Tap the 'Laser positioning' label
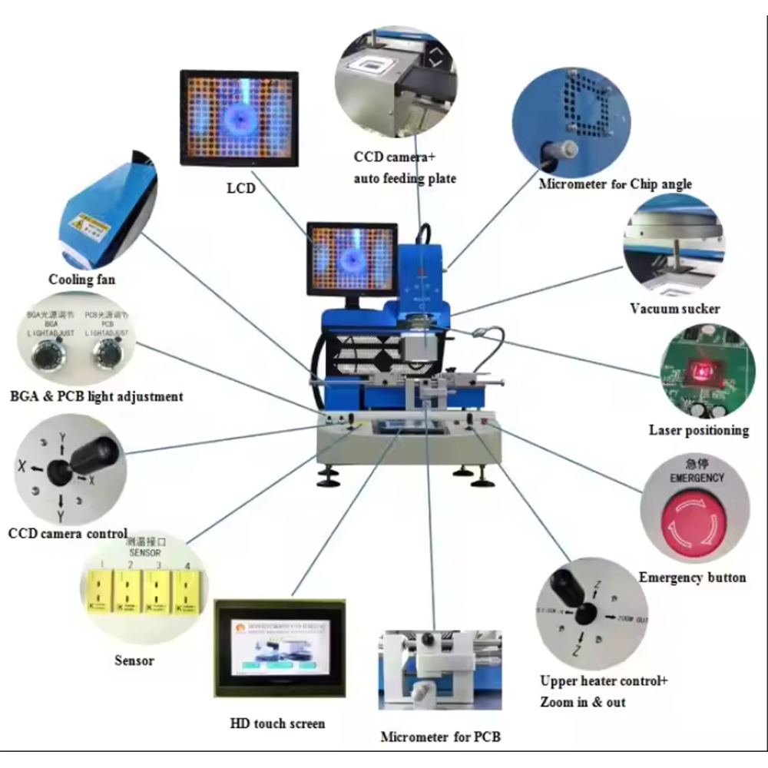click(x=698, y=430)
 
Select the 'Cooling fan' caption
click(x=82, y=280)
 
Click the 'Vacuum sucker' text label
click(x=674, y=309)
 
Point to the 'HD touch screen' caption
click(x=277, y=723)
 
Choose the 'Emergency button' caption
click(x=692, y=578)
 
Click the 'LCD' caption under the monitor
click(x=240, y=187)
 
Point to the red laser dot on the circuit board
click(x=700, y=372)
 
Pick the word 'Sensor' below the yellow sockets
click(x=134, y=660)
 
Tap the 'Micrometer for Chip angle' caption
click(x=614, y=184)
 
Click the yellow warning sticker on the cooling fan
click(x=84, y=223)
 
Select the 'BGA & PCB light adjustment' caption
click(x=97, y=397)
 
